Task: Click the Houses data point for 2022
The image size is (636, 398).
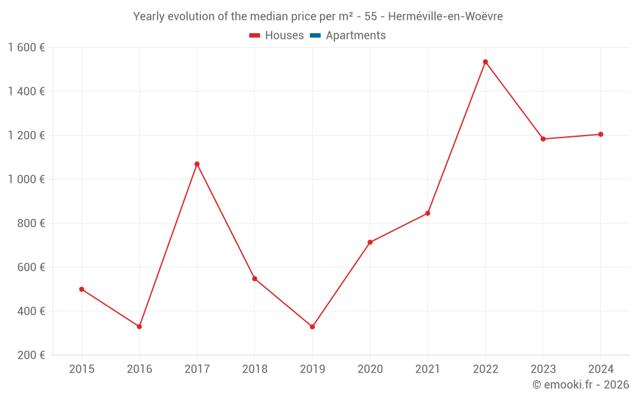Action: (485, 62)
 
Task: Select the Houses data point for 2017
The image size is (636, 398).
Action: (197, 164)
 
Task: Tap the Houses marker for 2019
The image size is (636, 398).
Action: (312, 327)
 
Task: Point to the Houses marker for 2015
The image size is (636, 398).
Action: (81, 289)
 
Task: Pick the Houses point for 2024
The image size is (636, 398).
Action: (600, 134)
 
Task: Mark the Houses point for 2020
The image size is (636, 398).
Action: (370, 242)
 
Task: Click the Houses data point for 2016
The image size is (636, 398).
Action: (139, 327)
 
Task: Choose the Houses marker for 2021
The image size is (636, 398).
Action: (427, 213)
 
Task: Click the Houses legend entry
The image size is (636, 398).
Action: (277, 36)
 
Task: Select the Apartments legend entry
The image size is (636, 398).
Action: (348, 36)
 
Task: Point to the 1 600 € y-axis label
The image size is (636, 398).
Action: (26, 48)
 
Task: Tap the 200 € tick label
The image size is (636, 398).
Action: (32, 355)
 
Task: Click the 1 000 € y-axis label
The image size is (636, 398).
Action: (26, 180)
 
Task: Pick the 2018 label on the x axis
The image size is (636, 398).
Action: (254, 369)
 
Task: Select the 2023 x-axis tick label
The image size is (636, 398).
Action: (543, 369)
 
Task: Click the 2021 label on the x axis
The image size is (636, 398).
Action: (427, 369)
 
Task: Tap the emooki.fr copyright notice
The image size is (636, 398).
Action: (581, 385)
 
